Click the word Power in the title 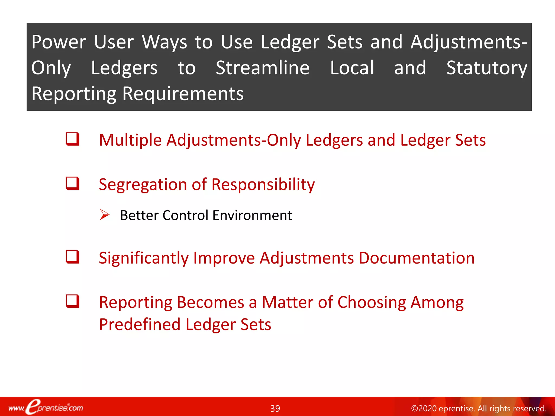click(59, 42)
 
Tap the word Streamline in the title click(262, 68)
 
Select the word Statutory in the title click(487, 68)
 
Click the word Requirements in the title click(183, 94)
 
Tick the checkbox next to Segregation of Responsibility click(73, 183)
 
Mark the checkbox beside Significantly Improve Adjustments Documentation click(73, 257)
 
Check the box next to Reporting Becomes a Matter click(73, 301)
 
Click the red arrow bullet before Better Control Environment click(104, 214)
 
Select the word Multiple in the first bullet click(130, 140)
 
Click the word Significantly click(143, 258)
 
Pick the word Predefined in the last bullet click(140, 324)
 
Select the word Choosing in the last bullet click(372, 303)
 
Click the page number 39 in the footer click(275, 408)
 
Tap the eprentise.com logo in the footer click(46, 407)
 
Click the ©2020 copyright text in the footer click(478, 408)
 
